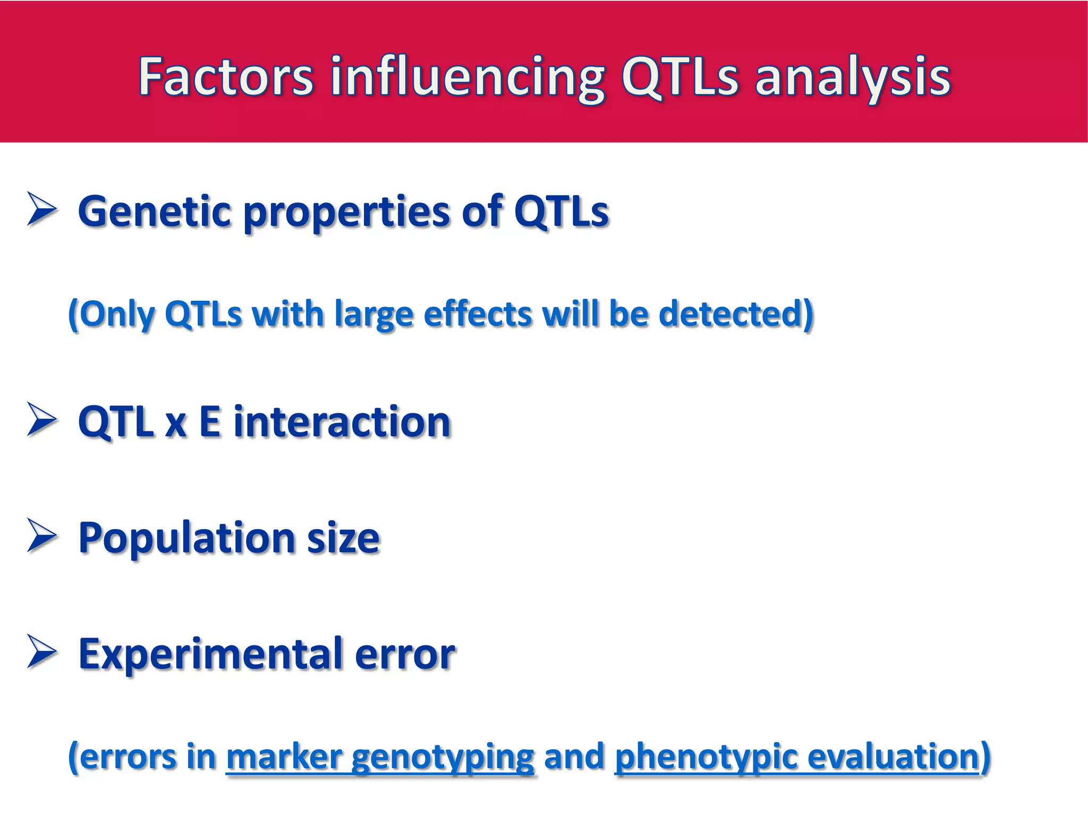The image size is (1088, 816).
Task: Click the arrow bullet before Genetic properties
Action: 41,210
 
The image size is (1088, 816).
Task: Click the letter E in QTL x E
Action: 209,422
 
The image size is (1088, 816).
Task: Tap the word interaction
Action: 342,422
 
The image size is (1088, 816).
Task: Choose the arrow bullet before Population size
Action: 41,537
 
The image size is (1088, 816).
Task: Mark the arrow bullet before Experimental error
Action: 41,652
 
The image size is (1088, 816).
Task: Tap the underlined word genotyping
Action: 442,758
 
